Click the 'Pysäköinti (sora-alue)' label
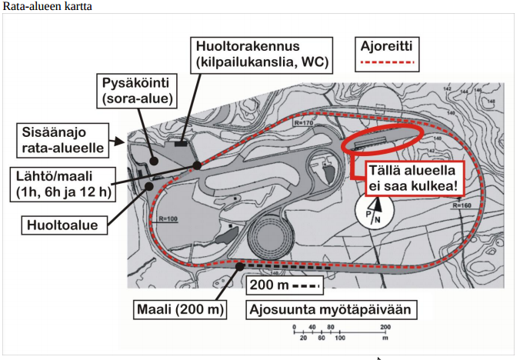(x=136, y=90)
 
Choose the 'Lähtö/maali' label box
(x=62, y=182)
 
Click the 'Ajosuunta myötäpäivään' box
(x=332, y=311)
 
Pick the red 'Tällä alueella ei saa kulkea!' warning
(x=406, y=176)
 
